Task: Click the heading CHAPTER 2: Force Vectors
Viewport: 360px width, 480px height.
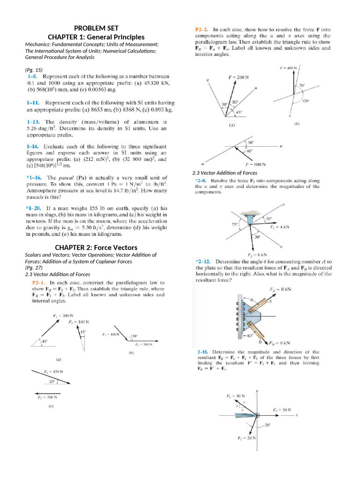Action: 96,247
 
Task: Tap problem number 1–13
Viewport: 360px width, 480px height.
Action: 33,122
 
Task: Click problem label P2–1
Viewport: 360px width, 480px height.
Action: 38,283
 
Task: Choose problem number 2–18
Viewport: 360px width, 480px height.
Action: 202,352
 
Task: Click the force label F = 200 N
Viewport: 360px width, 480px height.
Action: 238,77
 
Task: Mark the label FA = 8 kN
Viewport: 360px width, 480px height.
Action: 280,289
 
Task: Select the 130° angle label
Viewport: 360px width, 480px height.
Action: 134,336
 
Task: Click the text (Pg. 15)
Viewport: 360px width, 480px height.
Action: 33,70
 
